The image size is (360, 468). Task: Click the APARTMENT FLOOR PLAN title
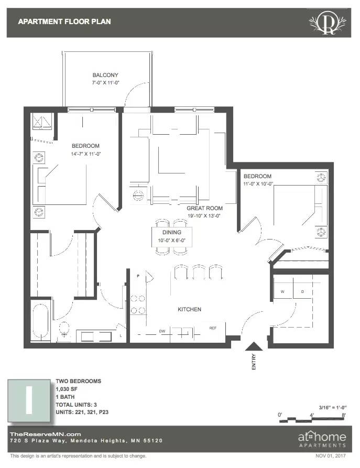[x=64, y=21]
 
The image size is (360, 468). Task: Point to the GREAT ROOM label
[x=204, y=208]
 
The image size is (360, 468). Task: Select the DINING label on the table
[x=172, y=232]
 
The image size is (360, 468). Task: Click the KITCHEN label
[x=189, y=309]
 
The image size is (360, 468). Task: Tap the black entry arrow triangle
[x=254, y=347]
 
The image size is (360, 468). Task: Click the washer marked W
[x=282, y=291]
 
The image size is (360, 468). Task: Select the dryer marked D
[x=302, y=291]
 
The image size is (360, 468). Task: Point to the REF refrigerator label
[x=213, y=328]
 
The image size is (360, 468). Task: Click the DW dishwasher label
[x=162, y=331]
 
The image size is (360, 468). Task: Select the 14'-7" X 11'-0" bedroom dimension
[x=85, y=154]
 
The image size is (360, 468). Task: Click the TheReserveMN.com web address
[x=46, y=433]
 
